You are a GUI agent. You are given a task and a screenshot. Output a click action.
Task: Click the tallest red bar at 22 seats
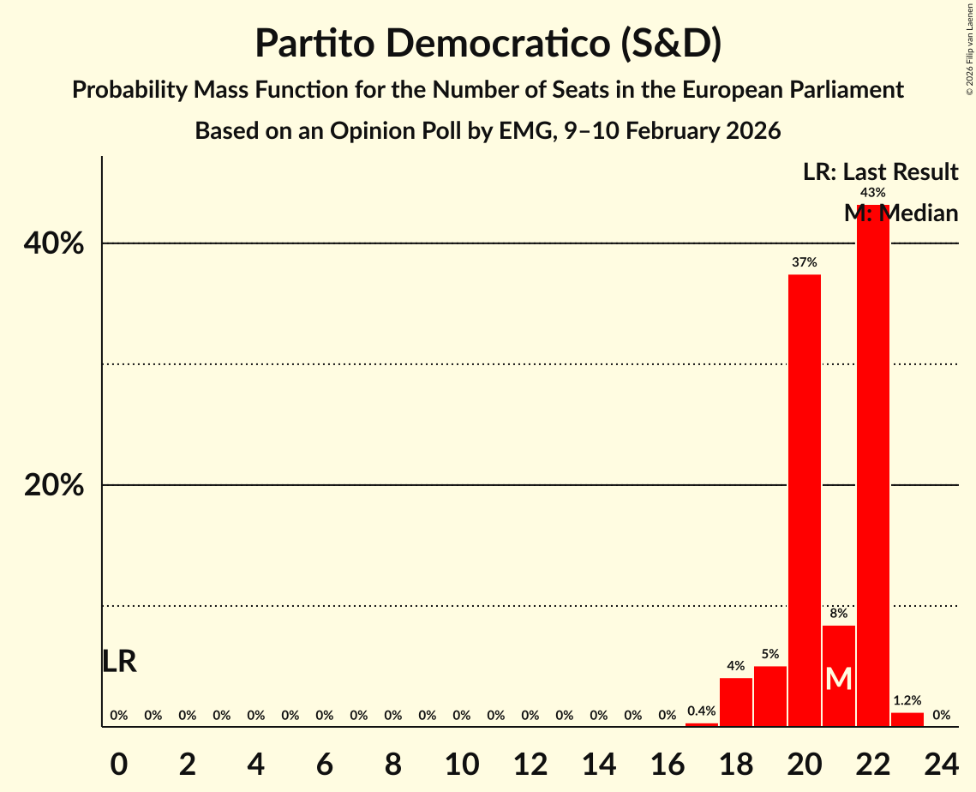(x=873, y=467)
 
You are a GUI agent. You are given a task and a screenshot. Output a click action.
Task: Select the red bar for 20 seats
(x=805, y=501)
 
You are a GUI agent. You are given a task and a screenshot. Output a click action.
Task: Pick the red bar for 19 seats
(x=770, y=696)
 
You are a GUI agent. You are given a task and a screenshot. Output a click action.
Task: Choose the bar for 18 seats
(x=736, y=702)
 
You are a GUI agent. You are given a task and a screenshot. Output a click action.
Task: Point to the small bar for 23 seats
(x=907, y=719)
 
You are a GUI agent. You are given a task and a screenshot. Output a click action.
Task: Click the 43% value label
(x=873, y=193)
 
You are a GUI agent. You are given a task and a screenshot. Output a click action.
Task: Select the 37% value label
(x=805, y=262)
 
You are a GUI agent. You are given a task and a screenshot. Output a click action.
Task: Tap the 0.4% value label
(x=702, y=711)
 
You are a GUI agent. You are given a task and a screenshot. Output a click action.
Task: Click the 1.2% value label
(x=907, y=700)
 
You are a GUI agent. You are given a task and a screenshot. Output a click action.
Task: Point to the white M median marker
(x=839, y=679)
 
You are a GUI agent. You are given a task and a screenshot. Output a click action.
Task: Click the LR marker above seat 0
(x=119, y=661)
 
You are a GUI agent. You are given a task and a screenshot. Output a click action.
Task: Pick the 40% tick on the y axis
(x=54, y=244)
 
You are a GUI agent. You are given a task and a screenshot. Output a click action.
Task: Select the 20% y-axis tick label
(x=54, y=486)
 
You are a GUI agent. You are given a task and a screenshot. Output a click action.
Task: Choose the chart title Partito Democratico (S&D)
(x=488, y=44)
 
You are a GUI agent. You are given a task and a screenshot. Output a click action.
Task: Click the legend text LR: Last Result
(x=880, y=172)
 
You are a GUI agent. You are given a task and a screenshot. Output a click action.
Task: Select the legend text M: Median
(x=901, y=213)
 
